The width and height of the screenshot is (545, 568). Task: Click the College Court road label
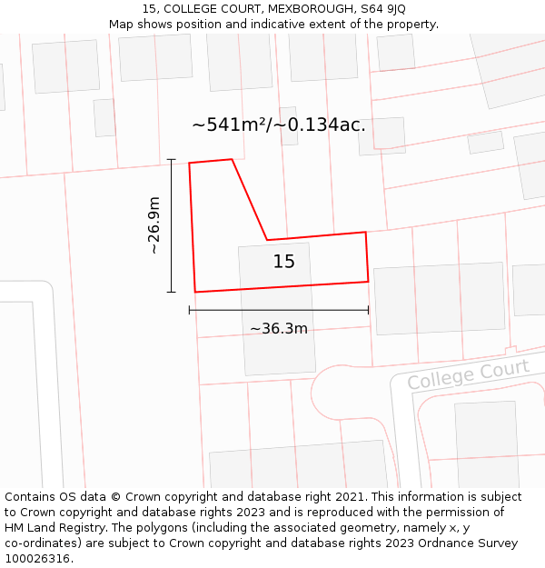[468, 374]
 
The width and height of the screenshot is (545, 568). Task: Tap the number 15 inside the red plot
[284, 262]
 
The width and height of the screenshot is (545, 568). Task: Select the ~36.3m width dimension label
[279, 328]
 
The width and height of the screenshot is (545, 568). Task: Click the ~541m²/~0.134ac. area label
[279, 125]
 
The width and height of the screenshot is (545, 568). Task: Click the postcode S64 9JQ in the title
[381, 9]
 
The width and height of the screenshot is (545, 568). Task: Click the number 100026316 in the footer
[37, 559]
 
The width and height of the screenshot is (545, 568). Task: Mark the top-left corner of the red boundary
[189, 164]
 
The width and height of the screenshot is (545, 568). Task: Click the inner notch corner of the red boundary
[267, 240]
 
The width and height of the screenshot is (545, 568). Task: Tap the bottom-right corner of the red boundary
[368, 282]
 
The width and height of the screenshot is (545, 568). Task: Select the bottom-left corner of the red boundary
[195, 292]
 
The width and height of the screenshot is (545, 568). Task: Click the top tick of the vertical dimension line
[171, 159]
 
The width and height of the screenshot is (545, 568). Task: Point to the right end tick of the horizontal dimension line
[368, 310]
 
